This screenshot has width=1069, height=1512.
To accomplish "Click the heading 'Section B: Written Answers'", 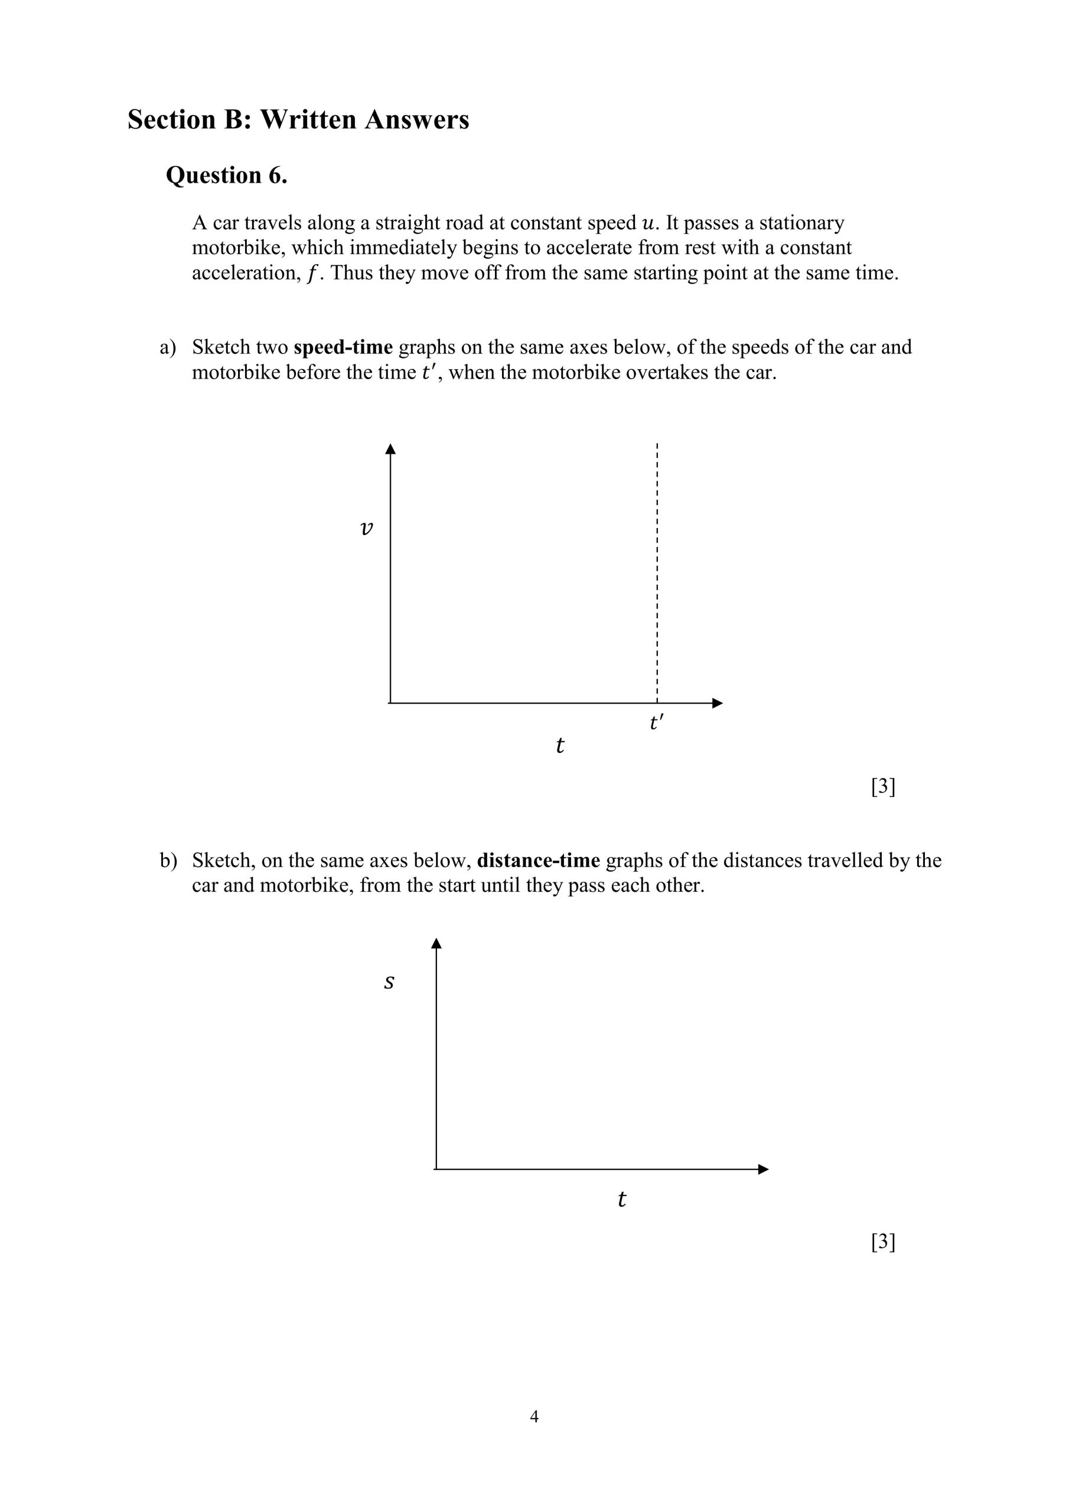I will coord(298,120).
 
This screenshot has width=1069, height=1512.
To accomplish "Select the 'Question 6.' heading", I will coord(227,175).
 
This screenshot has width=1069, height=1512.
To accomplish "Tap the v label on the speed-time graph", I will coord(367,527).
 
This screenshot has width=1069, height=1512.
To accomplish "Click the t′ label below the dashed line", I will coord(656,723).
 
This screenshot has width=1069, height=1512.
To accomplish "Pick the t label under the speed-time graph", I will coord(560,745).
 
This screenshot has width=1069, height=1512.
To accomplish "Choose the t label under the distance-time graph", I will coord(621,1199).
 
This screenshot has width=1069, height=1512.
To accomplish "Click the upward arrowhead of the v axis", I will coord(390,449).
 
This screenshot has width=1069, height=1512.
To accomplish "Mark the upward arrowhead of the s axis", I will coord(436,944).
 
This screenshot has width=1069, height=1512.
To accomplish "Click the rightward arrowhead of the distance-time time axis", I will coord(764,1169).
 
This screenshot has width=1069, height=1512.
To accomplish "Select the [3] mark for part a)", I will coord(882,786).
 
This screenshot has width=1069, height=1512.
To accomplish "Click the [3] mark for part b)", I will coord(882,1242).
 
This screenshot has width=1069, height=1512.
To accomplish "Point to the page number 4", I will coord(534,1416).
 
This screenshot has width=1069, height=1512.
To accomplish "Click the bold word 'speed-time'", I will coord(343,347).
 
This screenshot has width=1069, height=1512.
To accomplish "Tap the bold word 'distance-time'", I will coord(538,860).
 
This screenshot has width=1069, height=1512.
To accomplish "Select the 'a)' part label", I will coord(168,348).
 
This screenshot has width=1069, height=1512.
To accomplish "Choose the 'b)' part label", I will coord(168,861).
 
